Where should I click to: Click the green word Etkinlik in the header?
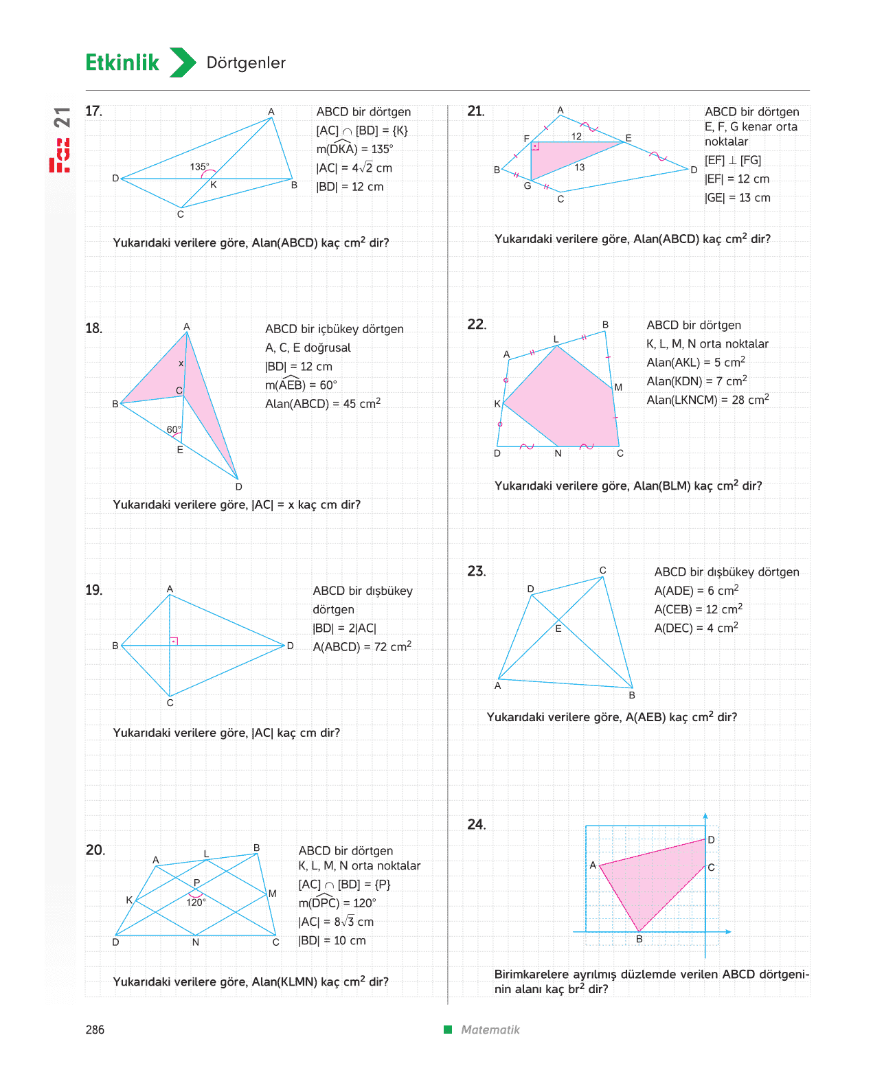(x=122, y=63)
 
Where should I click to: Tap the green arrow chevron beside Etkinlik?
(x=183, y=63)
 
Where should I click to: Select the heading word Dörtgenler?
(x=246, y=63)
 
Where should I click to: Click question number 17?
(x=93, y=111)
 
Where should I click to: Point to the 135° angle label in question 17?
(x=199, y=167)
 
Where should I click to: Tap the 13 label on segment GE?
(x=579, y=168)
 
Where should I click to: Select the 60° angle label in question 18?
(x=174, y=429)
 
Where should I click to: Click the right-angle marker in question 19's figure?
(x=174, y=641)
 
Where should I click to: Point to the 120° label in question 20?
(x=196, y=902)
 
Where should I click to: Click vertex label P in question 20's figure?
(x=196, y=882)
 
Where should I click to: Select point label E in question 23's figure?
(x=558, y=628)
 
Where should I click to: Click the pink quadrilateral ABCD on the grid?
(x=656, y=878)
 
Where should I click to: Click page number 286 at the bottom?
(x=95, y=1030)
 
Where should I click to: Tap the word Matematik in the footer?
(x=490, y=1030)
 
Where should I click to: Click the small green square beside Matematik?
(x=448, y=1029)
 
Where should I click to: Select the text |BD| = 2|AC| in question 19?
(x=344, y=628)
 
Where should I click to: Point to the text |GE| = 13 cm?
(x=738, y=197)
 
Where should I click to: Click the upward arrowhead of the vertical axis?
(x=705, y=816)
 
